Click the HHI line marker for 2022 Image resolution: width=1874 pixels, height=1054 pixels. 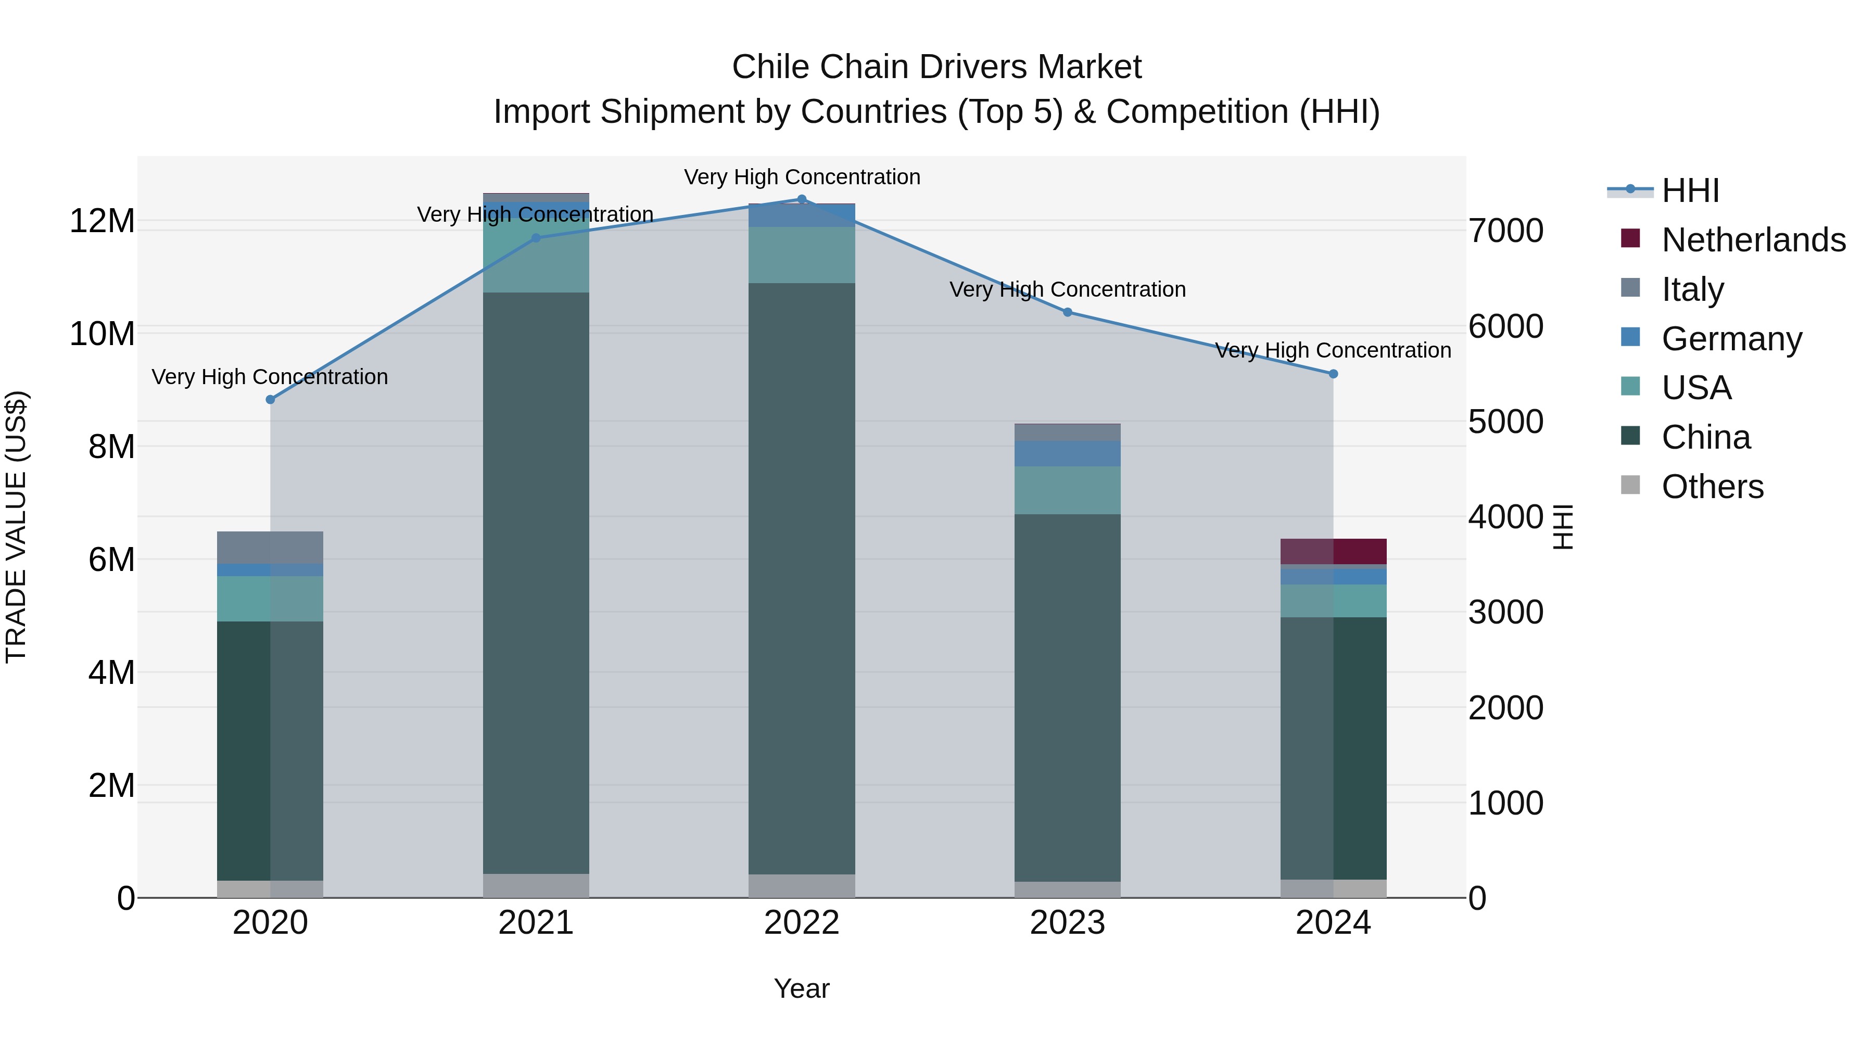[802, 199]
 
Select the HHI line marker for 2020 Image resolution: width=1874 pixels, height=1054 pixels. [271, 399]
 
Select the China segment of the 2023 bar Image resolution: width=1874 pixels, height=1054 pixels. [1067, 699]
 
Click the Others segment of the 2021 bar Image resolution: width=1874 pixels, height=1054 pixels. [536, 885]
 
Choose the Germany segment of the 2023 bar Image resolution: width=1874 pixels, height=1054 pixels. [1067, 453]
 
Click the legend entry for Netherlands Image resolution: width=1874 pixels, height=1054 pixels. [1753, 240]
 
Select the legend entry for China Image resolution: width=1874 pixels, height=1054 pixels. [1705, 437]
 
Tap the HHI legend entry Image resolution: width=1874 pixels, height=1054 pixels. [1689, 191]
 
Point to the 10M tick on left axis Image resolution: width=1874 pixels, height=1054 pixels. [102, 334]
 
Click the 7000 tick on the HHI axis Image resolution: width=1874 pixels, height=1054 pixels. [1505, 231]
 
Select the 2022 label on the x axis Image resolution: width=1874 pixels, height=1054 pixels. [802, 923]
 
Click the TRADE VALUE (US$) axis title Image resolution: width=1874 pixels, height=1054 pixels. [16, 527]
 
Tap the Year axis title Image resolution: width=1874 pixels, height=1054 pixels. [802, 988]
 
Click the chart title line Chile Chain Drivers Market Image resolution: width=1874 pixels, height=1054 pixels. [936, 67]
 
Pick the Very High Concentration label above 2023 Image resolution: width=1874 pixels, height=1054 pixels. [1067, 289]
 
